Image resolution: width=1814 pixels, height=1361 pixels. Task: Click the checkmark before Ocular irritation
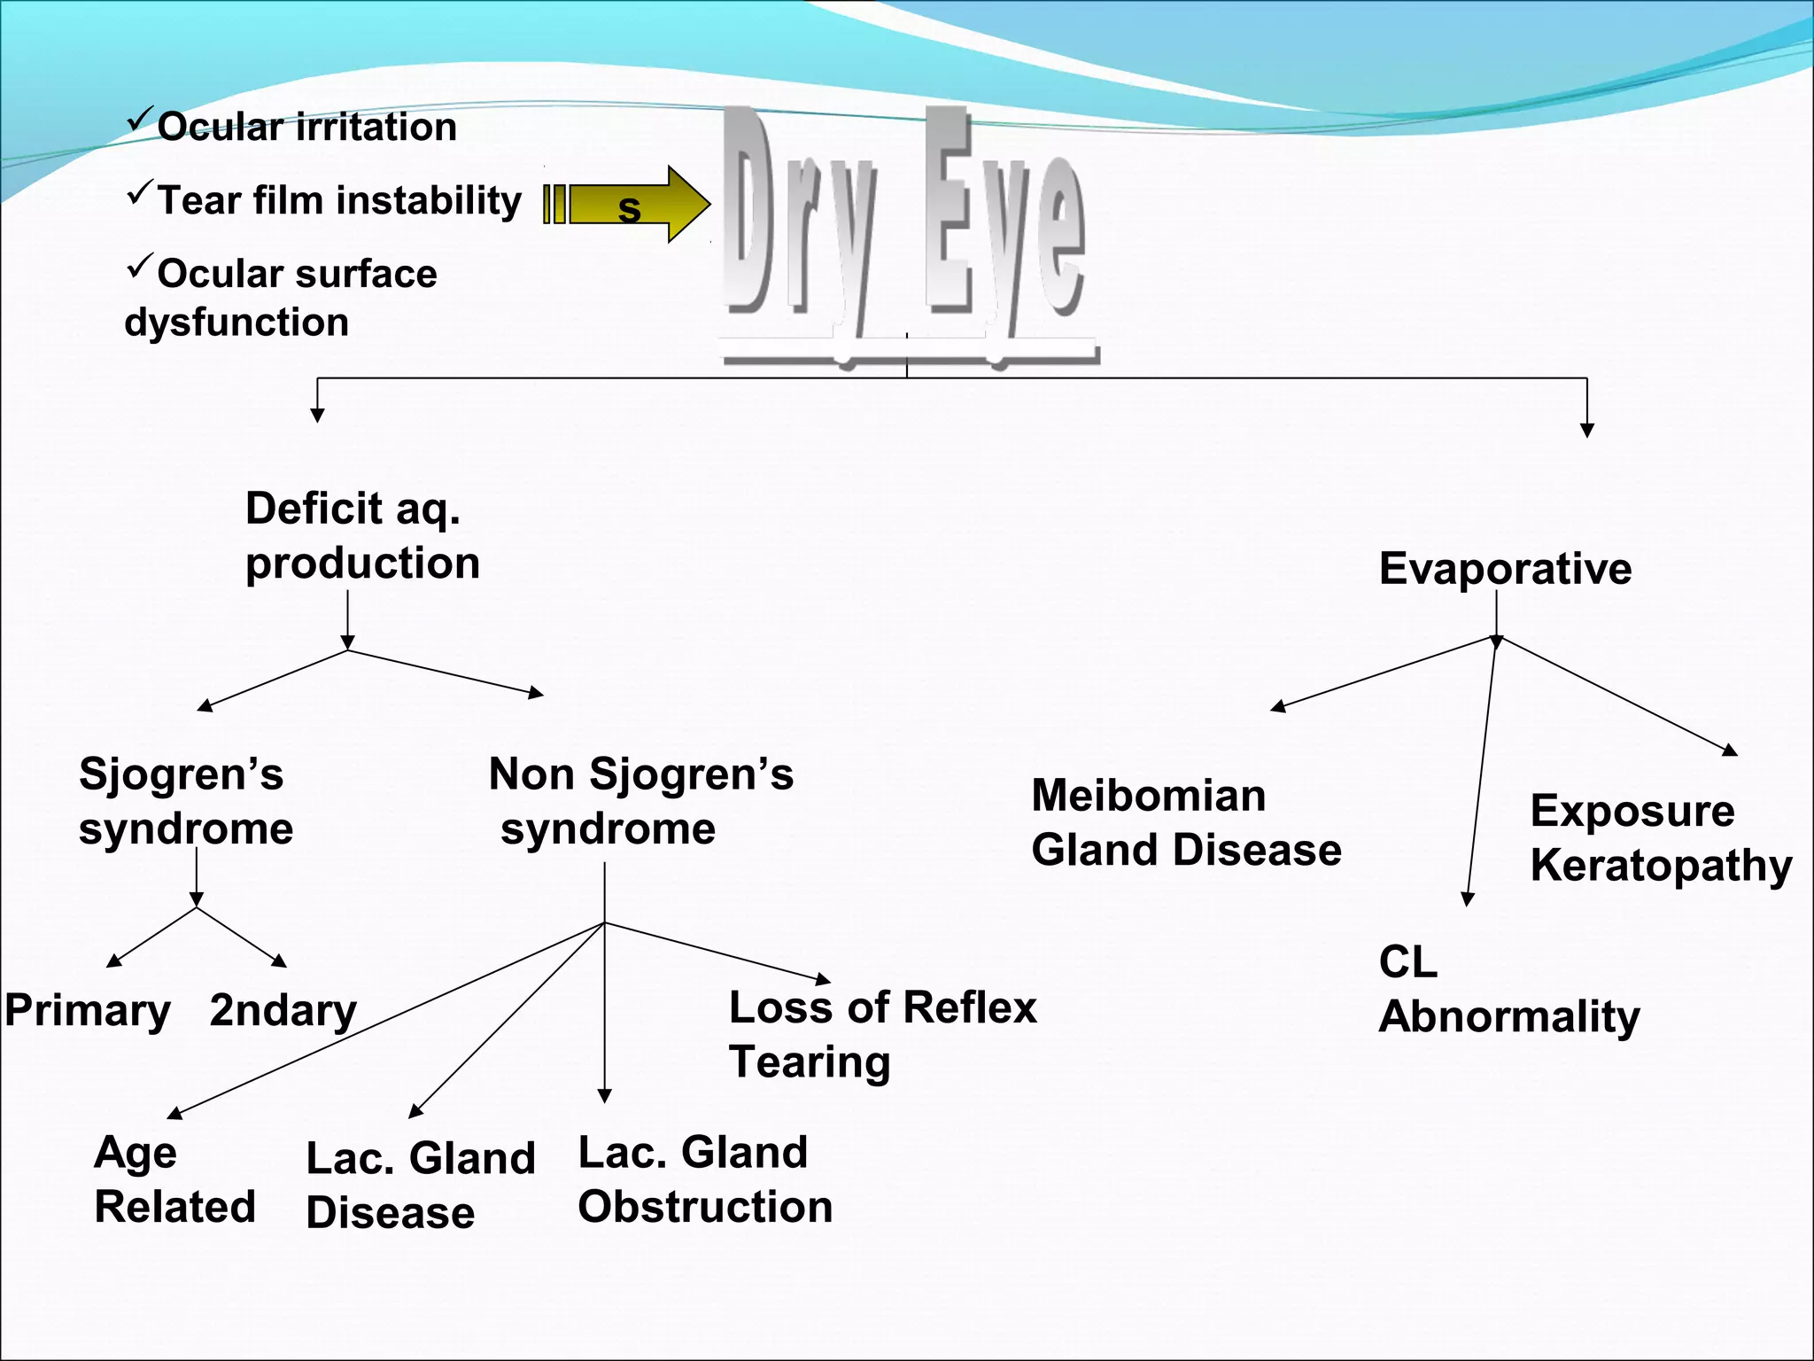coord(139,119)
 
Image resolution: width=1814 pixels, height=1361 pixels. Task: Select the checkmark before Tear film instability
coord(139,192)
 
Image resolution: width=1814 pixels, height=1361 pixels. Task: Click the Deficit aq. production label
coord(362,535)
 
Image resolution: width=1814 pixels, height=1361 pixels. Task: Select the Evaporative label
coord(1505,568)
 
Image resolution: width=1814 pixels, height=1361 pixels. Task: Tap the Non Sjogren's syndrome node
coord(640,801)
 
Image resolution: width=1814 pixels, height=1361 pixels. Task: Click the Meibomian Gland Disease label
coord(1186,822)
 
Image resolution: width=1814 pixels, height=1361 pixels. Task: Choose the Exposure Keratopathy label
coord(1661,837)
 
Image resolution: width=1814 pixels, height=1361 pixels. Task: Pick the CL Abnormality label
coord(1508,989)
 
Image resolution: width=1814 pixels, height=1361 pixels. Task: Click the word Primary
coord(87,1011)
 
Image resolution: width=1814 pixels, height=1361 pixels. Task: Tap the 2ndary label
coord(283,1011)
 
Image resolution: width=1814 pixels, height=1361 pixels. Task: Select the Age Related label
coord(174,1179)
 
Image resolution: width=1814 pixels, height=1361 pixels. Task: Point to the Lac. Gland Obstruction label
coord(705,1179)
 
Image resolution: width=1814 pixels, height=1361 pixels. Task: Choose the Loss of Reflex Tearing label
coord(882,1034)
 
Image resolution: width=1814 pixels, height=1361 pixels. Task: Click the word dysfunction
coord(236,323)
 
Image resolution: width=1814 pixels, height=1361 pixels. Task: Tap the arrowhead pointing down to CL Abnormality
coord(1468,898)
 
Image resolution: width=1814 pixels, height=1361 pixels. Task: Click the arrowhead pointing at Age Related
coord(175,1113)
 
